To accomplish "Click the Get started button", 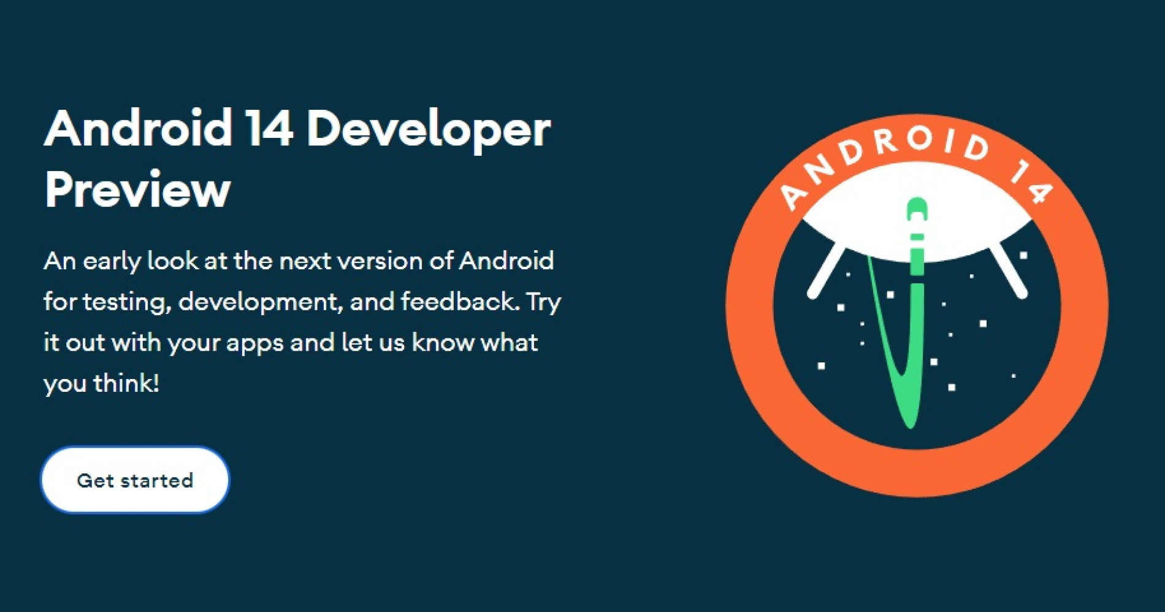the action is coord(135,480).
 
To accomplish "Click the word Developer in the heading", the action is coord(428,130).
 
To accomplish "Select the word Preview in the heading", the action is coord(137,189).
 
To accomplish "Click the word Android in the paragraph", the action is coord(506,261).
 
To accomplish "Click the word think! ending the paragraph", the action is coord(126,383).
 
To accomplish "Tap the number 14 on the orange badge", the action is coord(1032,182).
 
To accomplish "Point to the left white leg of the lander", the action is coord(826,271).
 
